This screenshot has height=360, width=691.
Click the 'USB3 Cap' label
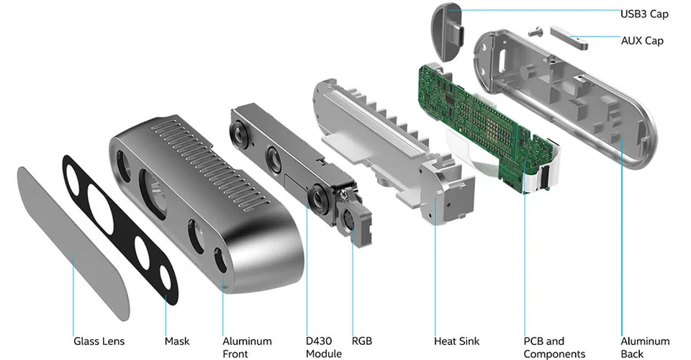(x=644, y=13)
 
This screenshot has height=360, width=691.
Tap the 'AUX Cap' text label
(x=642, y=41)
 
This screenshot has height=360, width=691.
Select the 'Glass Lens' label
(x=99, y=341)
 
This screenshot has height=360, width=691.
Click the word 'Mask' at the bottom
(x=177, y=341)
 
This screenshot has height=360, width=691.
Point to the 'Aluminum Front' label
(x=247, y=347)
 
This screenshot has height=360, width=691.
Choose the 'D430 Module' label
(x=323, y=347)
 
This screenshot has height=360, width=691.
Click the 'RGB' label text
(x=361, y=341)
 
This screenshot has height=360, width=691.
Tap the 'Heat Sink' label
(x=456, y=341)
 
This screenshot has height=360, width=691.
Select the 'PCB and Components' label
(x=554, y=347)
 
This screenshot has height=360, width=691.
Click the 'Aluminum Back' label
(x=645, y=347)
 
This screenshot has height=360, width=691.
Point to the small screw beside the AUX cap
(x=533, y=31)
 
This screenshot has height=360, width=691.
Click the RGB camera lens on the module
(x=351, y=222)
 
